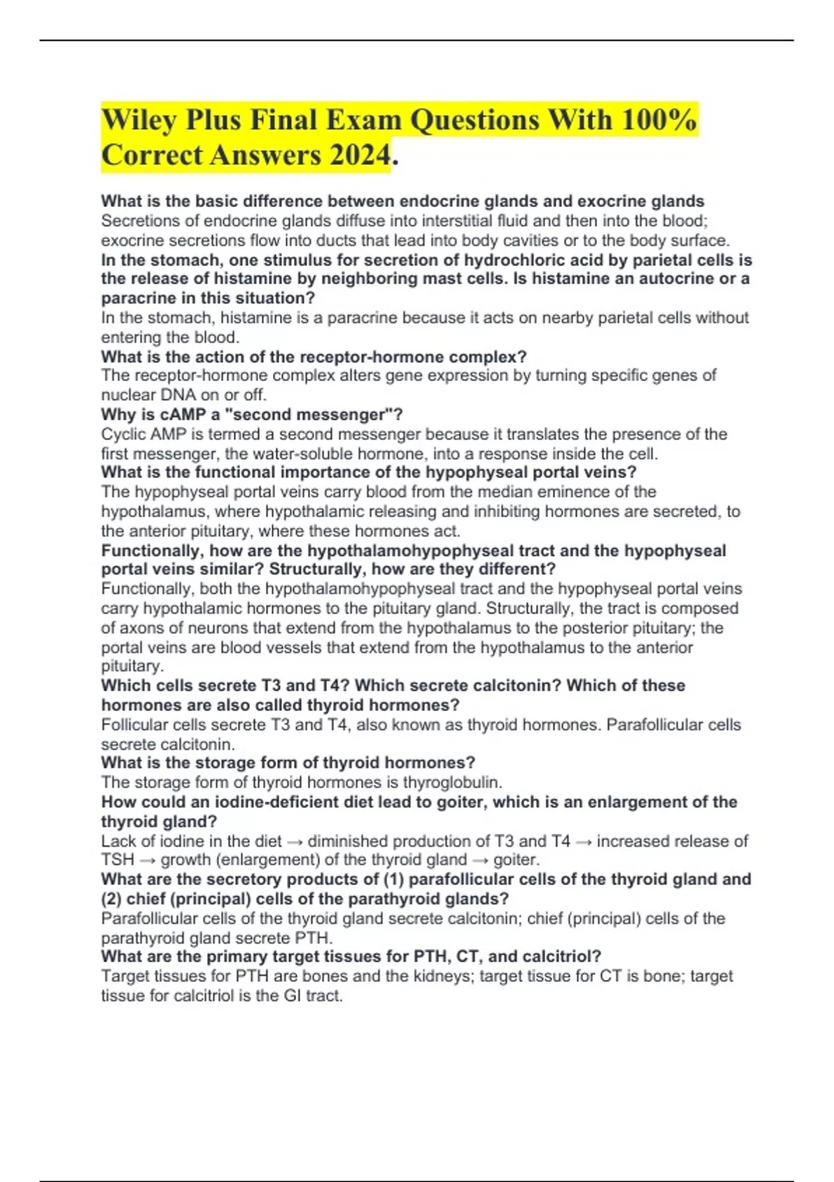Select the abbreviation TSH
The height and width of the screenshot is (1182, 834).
[117, 859]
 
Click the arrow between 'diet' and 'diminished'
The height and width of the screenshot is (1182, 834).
[295, 841]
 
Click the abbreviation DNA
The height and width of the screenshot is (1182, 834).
[177, 395]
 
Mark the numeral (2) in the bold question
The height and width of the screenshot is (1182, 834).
[111, 898]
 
